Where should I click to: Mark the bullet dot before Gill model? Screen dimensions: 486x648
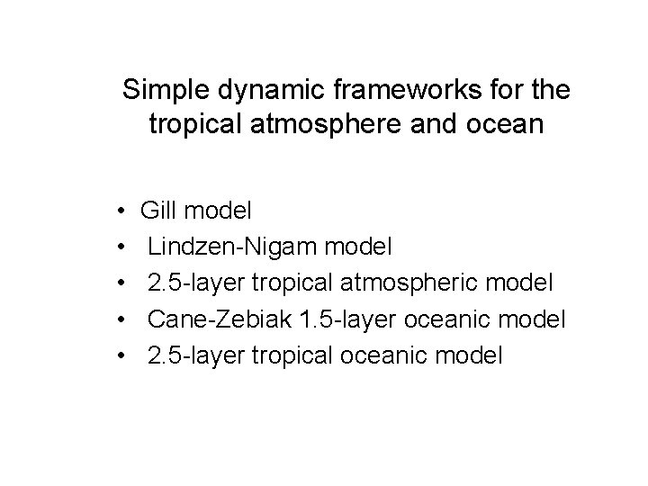[x=121, y=213]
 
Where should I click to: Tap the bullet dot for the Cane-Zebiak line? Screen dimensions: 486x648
[x=121, y=321]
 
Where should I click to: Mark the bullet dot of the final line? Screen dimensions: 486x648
[x=121, y=357]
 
